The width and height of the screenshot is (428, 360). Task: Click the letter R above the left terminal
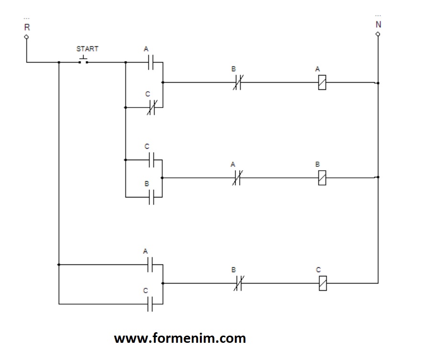pyautogui.click(x=27, y=27)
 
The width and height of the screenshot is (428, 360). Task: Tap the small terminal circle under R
pyautogui.click(x=26, y=36)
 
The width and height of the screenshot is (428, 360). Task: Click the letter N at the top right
pyautogui.click(x=378, y=24)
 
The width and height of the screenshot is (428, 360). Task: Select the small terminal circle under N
pyautogui.click(x=378, y=34)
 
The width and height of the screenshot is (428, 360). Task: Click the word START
pyautogui.click(x=88, y=49)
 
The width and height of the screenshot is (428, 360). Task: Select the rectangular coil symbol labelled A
pyautogui.click(x=322, y=83)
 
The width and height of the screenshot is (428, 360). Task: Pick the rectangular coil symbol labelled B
pyautogui.click(x=322, y=178)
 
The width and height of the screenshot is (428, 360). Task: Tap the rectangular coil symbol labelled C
pyautogui.click(x=322, y=283)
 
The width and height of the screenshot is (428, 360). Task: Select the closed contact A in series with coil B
pyautogui.click(x=236, y=178)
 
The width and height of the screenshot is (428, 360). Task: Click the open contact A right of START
pyautogui.click(x=151, y=62)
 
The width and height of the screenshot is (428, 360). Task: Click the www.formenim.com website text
pyautogui.click(x=180, y=338)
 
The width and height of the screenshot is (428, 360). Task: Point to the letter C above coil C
pyautogui.click(x=318, y=270)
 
